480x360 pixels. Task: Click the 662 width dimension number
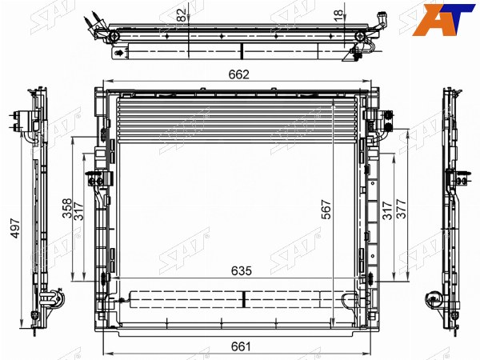pos(239,74)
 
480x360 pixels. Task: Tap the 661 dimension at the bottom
pos(241,346)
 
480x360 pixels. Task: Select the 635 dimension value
pos(242,270)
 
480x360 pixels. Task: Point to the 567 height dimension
pos(326,210)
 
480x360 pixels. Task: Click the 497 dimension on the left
pos(15,228)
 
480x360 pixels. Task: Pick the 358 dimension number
pos(67,208)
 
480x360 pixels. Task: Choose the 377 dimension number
pos(402,209)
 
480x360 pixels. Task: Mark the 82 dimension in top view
pos(182,14)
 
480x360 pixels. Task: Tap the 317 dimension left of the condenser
pos(78,211)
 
